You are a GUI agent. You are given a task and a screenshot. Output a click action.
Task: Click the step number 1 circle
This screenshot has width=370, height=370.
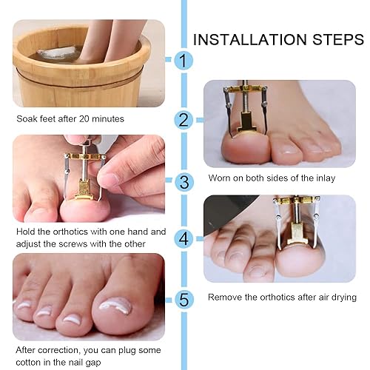point(183,61)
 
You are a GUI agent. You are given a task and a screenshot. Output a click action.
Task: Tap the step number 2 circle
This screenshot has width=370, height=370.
point(183,120)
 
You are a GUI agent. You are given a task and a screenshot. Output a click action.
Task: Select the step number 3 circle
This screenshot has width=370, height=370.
point(183,180)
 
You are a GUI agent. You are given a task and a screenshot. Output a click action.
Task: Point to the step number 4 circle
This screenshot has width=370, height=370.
point(183,238)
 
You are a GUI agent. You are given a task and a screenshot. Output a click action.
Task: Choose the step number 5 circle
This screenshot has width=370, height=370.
point(183,299)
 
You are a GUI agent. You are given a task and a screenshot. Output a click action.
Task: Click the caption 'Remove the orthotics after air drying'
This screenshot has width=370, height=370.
point(282,297)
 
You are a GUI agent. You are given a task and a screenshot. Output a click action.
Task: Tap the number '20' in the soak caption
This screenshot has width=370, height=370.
point(82,118)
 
